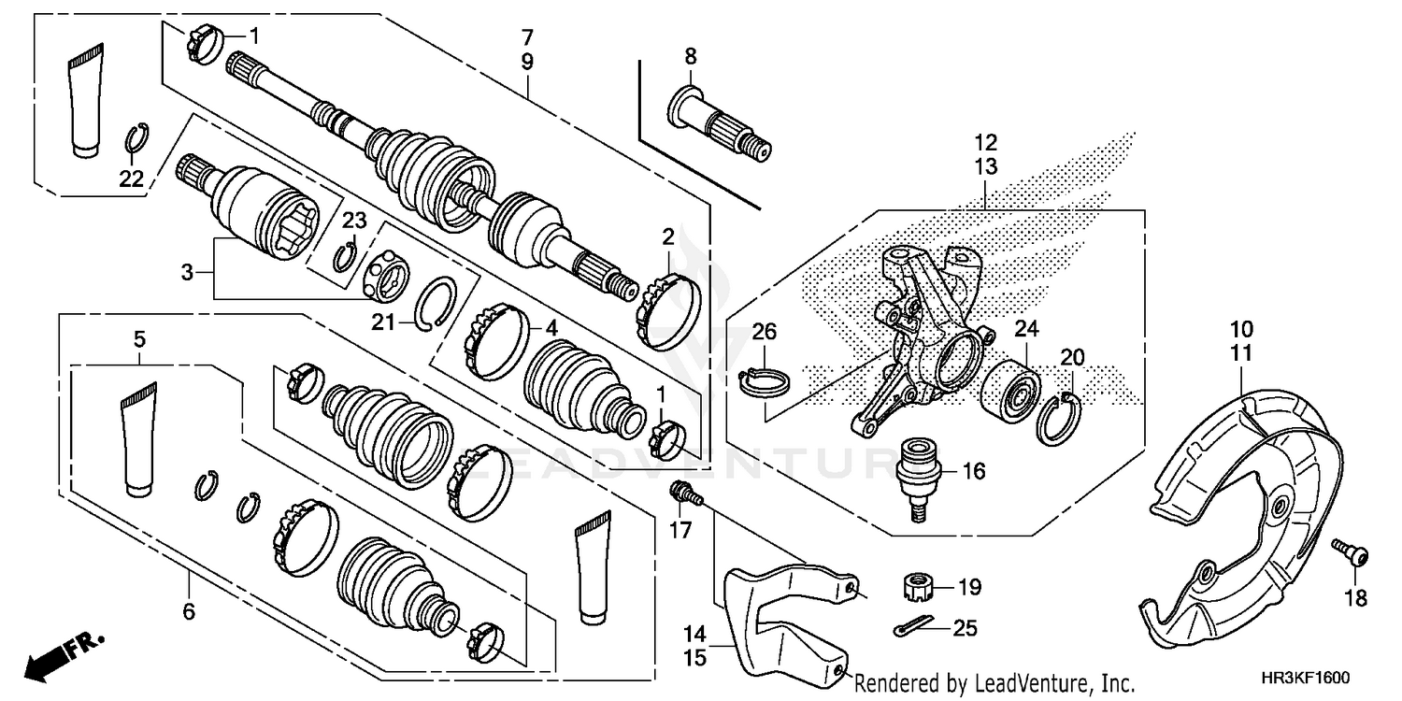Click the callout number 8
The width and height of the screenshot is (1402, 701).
(x=691, y=56)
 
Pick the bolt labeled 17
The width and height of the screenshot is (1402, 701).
(x=683, y=494)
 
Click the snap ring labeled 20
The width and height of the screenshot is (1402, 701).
(x=1060, y=417)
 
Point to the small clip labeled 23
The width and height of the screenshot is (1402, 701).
(x=345, y=253)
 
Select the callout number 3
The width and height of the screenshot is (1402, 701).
(x=188, y=273)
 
